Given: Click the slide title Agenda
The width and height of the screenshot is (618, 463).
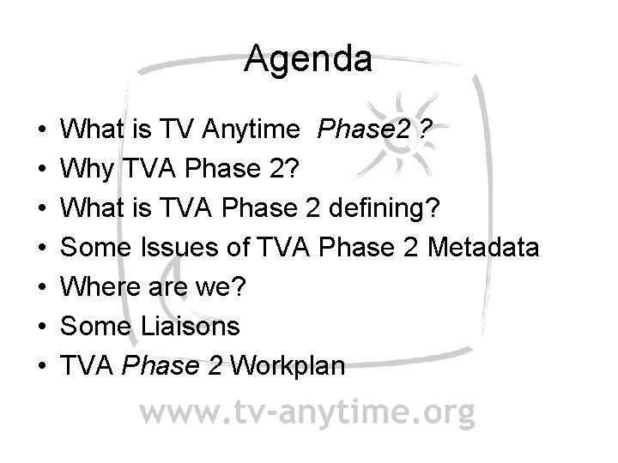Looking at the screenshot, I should (x=308, y=61).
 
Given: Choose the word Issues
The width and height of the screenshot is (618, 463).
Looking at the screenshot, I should (x=183, y=249).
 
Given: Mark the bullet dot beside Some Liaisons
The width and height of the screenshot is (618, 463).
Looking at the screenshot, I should (x=44, y=328).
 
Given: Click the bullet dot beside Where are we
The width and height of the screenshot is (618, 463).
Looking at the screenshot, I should (x=44, y=288).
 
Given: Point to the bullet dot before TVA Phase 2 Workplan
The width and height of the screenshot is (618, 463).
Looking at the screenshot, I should (x=44, y=366).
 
